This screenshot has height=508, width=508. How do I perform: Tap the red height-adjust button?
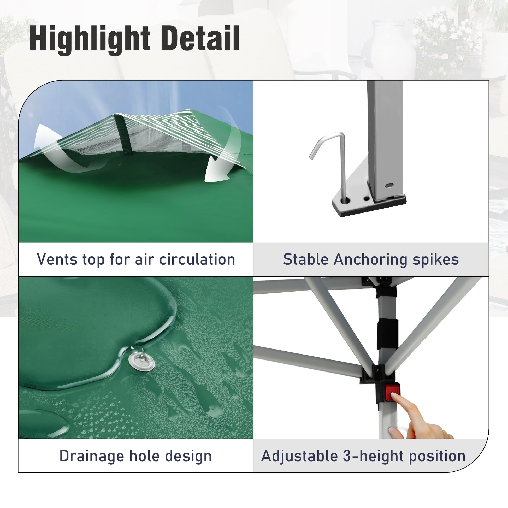(x=393, y=392)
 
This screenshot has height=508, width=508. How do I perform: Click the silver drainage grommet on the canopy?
(x=141, y=362)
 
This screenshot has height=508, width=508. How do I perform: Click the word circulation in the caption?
(x=197, y=259)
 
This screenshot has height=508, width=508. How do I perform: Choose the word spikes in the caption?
(x=436, y=260)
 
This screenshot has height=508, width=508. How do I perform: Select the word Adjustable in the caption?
(x=299, y=456)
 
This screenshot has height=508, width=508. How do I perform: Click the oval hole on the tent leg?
(x=389, y=186)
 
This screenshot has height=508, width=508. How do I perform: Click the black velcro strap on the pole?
(x=388, y=334)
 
